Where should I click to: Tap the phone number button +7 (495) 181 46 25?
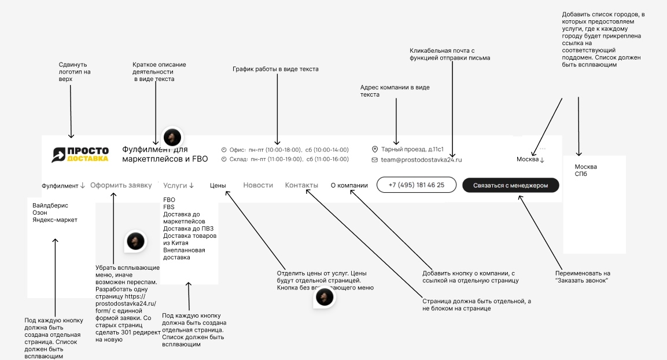tap(416, 185)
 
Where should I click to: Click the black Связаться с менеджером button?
tap(511, 185)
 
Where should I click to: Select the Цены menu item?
tap(218, 186)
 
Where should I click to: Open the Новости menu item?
tap(258, 185)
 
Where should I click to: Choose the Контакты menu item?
tap(301, 185)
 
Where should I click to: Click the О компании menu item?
tap(349, 186)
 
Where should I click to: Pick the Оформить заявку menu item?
tap(121, 185)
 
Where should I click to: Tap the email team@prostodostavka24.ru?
tap(421, 160)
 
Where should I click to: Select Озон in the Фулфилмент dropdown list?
tap(40, 212)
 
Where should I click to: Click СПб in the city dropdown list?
tap(581, 174)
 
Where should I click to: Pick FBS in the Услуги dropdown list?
tap(169, 207)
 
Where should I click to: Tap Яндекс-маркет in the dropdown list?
tap(55, 220)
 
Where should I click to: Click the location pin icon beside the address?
tap(375, 149)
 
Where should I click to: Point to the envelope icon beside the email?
tap(375, 160)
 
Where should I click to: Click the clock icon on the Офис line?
tap(224, 149)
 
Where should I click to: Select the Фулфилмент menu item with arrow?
tap(63, 186)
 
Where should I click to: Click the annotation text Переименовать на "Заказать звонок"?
tap(583, 277)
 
